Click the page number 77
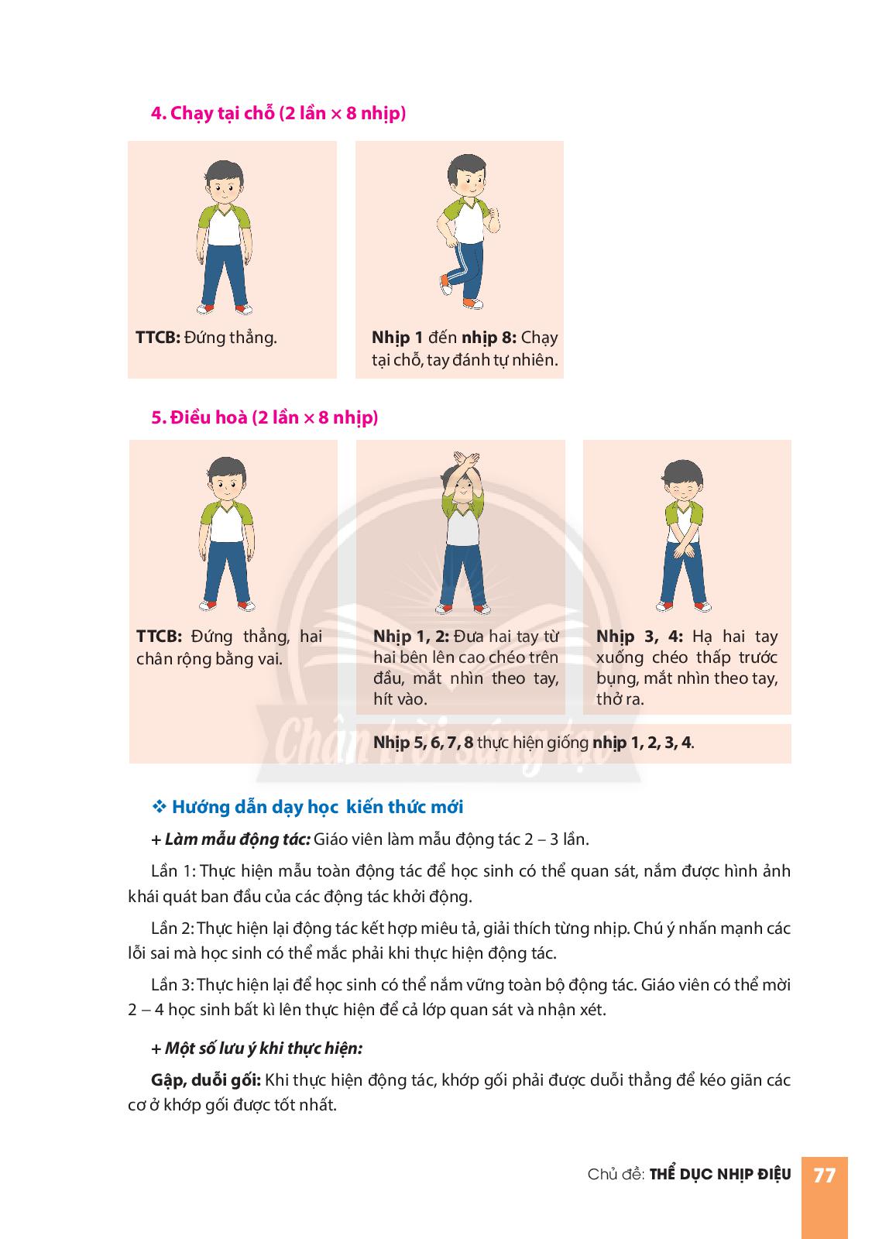823,1174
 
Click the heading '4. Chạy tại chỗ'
213,113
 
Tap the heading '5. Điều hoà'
199,417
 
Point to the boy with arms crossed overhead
463,534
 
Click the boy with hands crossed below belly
683,535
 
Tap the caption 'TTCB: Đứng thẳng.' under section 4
206,338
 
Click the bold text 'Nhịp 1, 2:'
411,636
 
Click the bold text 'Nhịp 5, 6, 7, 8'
423,743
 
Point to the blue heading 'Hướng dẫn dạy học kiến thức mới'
318,807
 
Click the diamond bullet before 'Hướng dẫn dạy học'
160,806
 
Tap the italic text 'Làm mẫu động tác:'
238,839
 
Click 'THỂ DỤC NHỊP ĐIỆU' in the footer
719,1174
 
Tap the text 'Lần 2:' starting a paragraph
172,928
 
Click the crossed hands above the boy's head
465,460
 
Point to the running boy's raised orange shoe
445,285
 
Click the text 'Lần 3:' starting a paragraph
172,984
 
